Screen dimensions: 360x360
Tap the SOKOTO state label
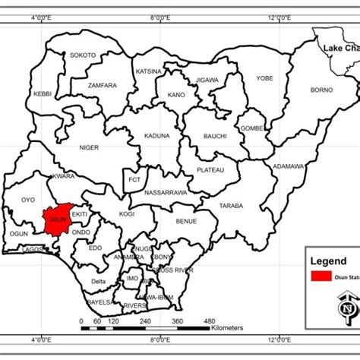pos(83,55)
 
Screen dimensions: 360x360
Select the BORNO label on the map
pos(321,90)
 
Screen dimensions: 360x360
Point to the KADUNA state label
pos(156,136)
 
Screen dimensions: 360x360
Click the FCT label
pos(134,180)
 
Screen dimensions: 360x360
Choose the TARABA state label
pos(231,206)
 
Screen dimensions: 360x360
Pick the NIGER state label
pos(90,147)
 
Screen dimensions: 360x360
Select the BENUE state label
pos(186,221)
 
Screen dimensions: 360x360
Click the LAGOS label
pos(33,249)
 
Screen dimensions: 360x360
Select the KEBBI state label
pos(43,93)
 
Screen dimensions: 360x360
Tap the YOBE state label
pos(264,78)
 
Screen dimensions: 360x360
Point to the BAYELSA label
pos(100,302)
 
